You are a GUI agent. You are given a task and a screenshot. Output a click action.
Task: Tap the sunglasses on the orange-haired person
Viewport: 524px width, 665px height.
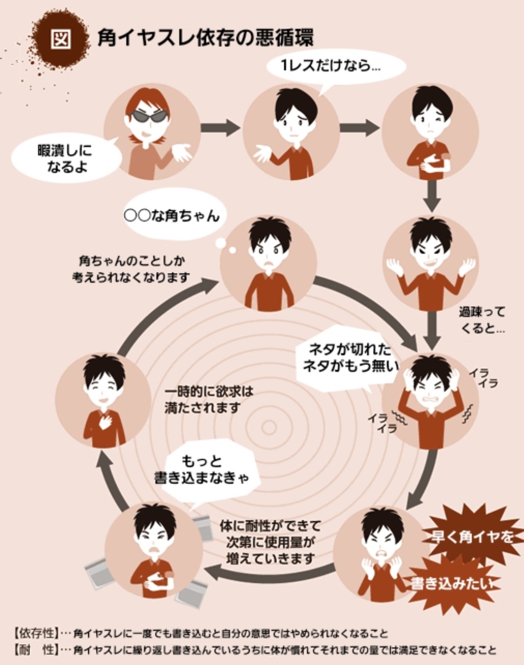pyautogui.click(x=151, y=116)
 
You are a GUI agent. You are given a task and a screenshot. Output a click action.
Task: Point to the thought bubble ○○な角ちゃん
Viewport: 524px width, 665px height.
pyautogui.click(x=172, y=216)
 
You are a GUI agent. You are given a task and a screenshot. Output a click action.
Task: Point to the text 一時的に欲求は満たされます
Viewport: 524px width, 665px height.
pyautogui.click(x=209, y=400)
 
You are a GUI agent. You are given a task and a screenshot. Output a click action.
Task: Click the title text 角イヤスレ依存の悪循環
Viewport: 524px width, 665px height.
pyautogui.click(x=205, y=38)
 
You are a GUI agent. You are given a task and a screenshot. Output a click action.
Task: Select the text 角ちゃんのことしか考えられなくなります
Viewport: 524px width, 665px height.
pyautogui.click(x=132, y=269)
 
